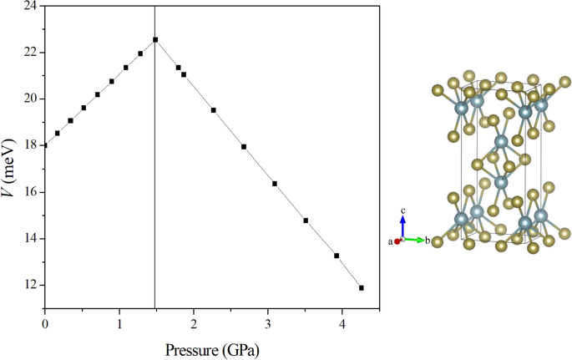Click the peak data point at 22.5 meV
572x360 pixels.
coord(155,39)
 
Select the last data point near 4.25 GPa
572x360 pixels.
coord(362,287)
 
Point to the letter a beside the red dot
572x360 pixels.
coord(390,241)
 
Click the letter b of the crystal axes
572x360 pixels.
coord(428,241)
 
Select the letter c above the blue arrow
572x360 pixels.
coord(402,211)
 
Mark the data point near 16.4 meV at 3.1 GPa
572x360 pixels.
coord(275,184)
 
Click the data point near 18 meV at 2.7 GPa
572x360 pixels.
coord(244,146)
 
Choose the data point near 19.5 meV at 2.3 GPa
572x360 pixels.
coord(214,110)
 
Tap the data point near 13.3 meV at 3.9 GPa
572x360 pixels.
coord(337,256)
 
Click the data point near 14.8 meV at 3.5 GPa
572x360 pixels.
coord(306,221)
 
